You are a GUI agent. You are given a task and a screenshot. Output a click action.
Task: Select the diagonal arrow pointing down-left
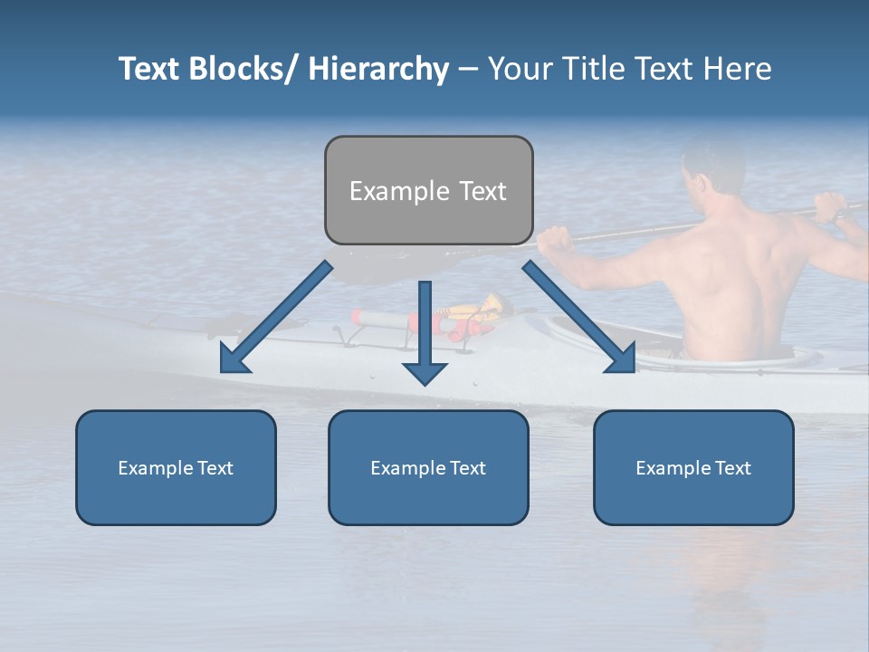point(276,317)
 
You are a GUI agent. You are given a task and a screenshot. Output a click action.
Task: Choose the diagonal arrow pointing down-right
point(579,317)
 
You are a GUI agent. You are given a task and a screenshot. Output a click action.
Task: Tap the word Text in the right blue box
point(732,468)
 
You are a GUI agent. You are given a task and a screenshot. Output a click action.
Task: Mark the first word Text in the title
point(151,69)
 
